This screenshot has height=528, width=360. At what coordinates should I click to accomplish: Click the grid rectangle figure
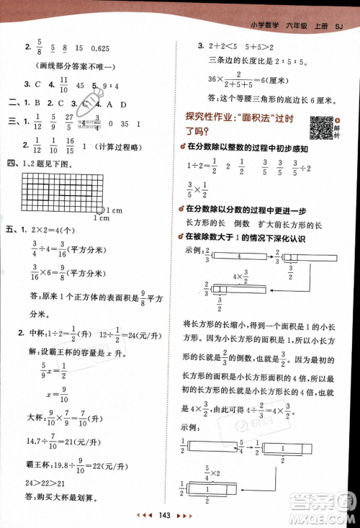58,193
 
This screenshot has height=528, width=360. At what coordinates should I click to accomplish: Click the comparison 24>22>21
45,480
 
